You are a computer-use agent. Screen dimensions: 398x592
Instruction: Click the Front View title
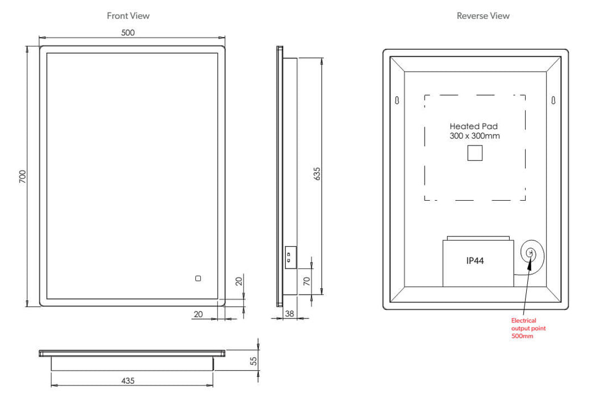(128, 16)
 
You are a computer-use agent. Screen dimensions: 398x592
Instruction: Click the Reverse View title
(483, 16)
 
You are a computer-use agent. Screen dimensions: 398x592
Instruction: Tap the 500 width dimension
(128, 33)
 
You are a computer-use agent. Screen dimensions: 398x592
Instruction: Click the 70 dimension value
(307, 281)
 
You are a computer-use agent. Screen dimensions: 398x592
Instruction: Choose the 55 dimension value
(254, 360)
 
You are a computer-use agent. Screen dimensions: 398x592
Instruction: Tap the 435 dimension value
(128, 381)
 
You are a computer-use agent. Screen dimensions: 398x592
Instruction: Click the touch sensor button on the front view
(198, 279)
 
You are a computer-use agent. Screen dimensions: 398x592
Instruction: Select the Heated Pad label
(473, 126)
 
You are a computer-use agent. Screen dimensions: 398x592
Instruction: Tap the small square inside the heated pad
(475, 153)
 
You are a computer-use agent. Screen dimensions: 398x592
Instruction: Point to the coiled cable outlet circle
(531, 252)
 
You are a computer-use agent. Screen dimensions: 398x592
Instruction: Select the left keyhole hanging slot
(397, 101)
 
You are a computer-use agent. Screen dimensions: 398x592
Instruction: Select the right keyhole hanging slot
(552, 101)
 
